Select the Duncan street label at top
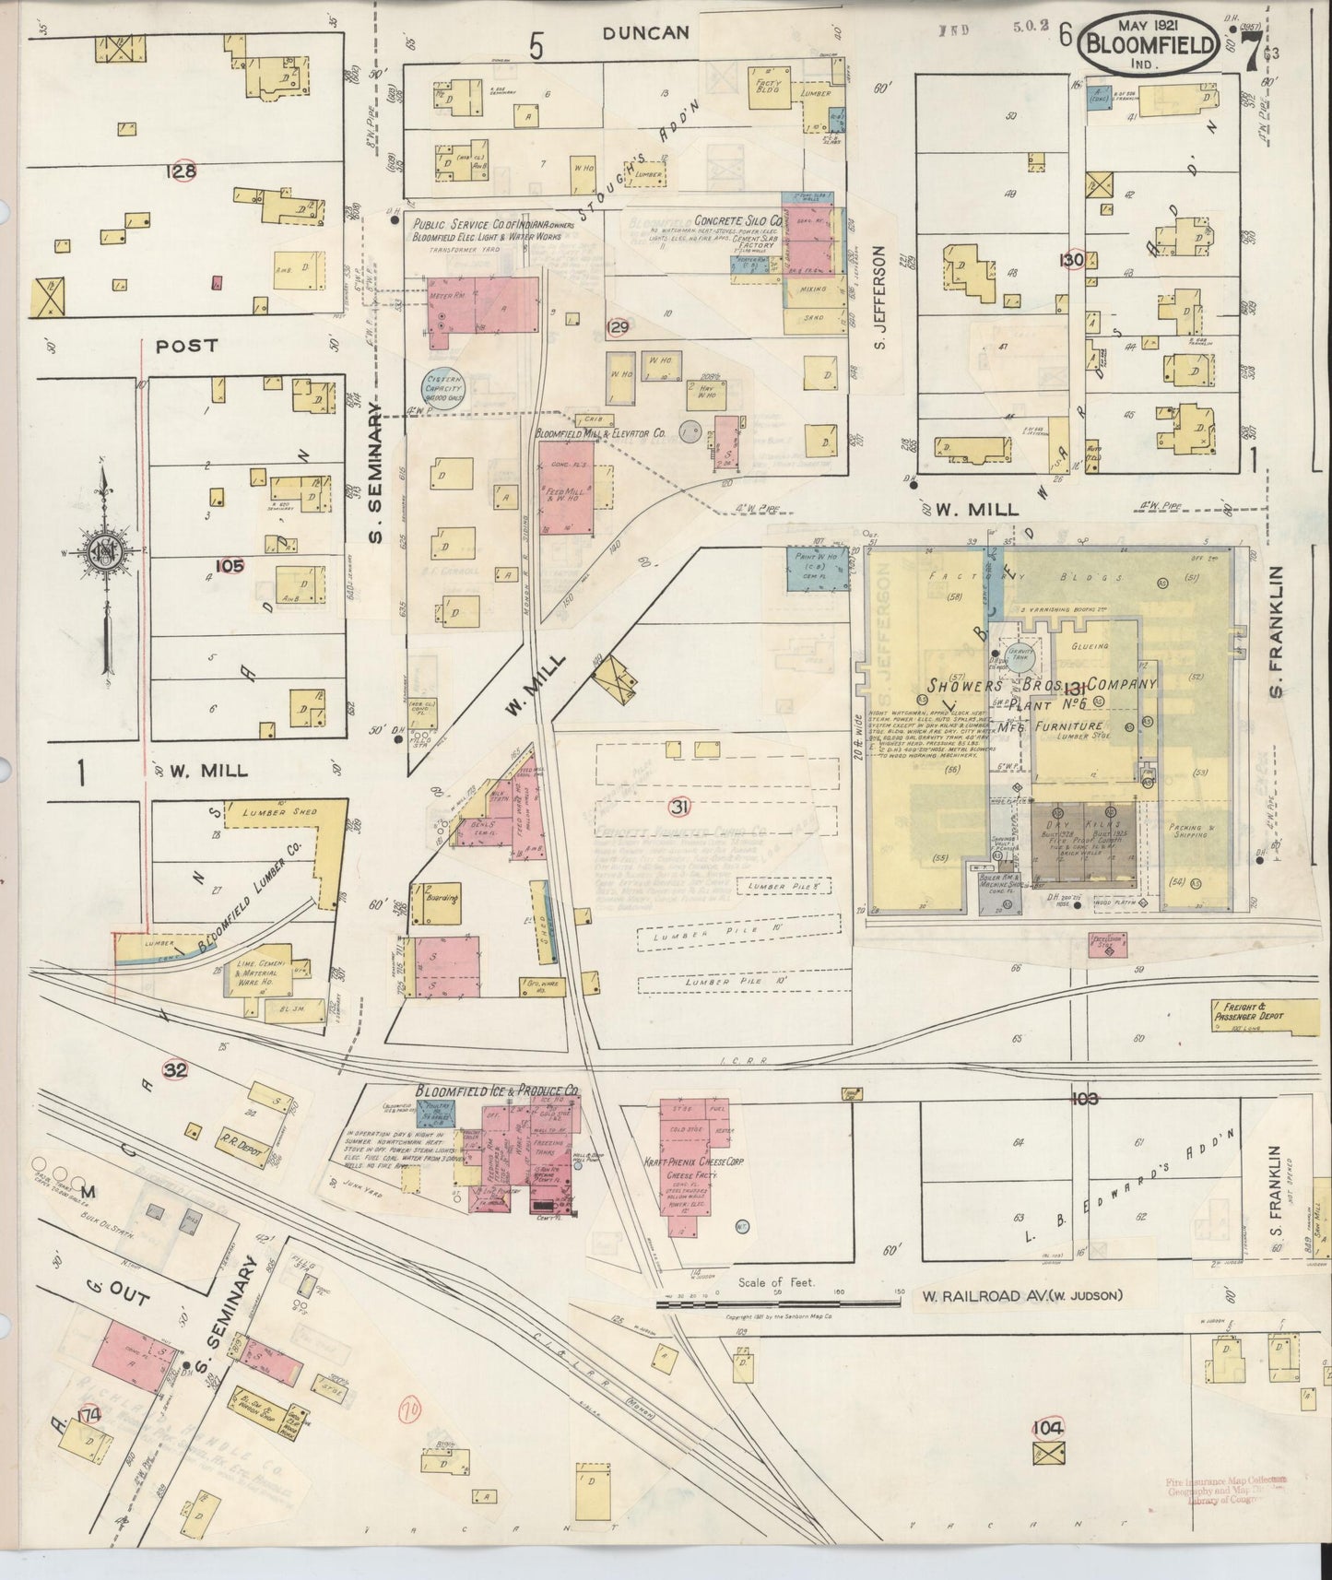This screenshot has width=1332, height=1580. coord(645,33)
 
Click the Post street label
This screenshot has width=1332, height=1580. coord(186,346)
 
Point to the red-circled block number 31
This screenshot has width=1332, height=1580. coord(679,808)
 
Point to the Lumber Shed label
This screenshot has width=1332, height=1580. coord(278,812)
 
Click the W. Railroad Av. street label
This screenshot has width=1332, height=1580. coord(1021,1296)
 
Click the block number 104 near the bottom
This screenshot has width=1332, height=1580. coord(1048,1427)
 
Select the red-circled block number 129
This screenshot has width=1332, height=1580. coord(617,327)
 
